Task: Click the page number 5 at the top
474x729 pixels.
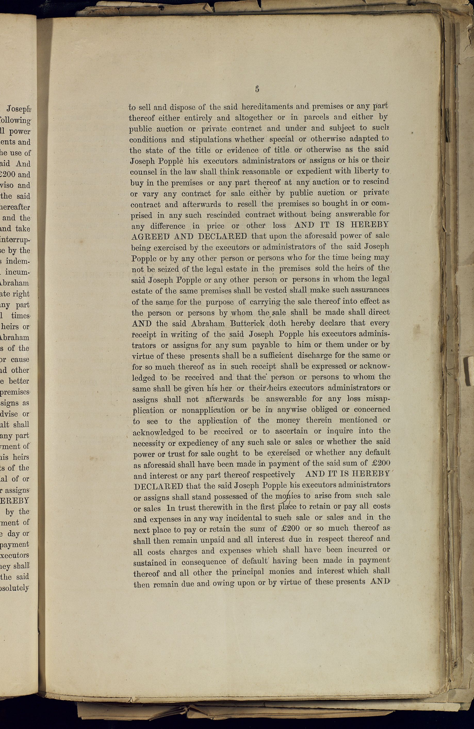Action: [x=257, y=89]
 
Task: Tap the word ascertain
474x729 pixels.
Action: [x=291, y=431]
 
